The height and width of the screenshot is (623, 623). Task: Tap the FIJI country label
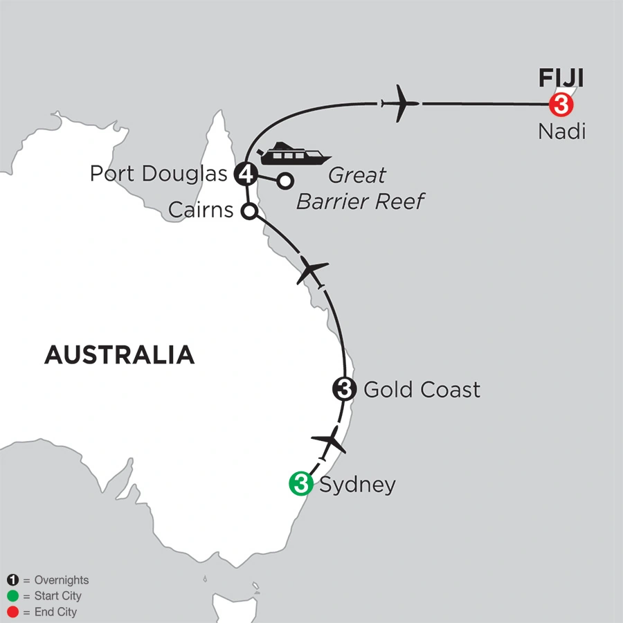click(561, 78)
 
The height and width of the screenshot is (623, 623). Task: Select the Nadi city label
click(561, 132)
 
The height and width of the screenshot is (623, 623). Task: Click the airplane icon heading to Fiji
click(400, 104)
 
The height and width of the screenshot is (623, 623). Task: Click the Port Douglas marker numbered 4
click(246, 174)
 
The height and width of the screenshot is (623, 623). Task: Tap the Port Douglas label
click(159, 174)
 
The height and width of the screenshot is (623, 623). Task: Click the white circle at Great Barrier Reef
click(285, 181)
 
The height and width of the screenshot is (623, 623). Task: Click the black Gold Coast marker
click(344, 389)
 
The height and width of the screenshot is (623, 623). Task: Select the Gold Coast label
click(422, 390)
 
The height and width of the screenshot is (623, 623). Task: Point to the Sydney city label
click(357, 485)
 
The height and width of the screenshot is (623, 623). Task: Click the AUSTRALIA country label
click(119, 354)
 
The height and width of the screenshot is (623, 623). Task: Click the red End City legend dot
click(13, 612)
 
